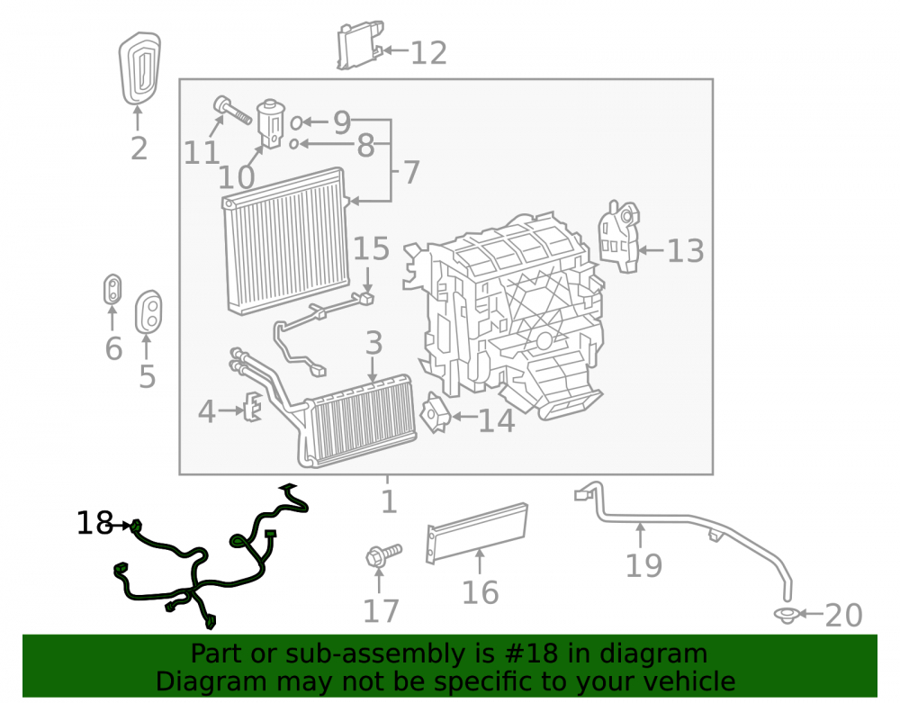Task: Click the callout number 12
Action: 428,53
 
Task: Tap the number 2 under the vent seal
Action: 139,148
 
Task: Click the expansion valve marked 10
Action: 270,123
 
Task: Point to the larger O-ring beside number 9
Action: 296,122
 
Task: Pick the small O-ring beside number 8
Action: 294,144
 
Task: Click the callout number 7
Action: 411,172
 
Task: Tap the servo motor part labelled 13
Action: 619,237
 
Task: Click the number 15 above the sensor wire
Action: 372,248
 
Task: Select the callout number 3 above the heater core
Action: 373,343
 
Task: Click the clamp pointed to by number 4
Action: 253,406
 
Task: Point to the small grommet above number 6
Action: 112,289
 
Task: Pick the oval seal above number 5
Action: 148,311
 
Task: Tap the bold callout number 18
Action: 94,523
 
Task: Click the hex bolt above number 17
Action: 383,555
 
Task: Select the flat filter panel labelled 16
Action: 477,533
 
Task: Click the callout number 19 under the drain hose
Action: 643,565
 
